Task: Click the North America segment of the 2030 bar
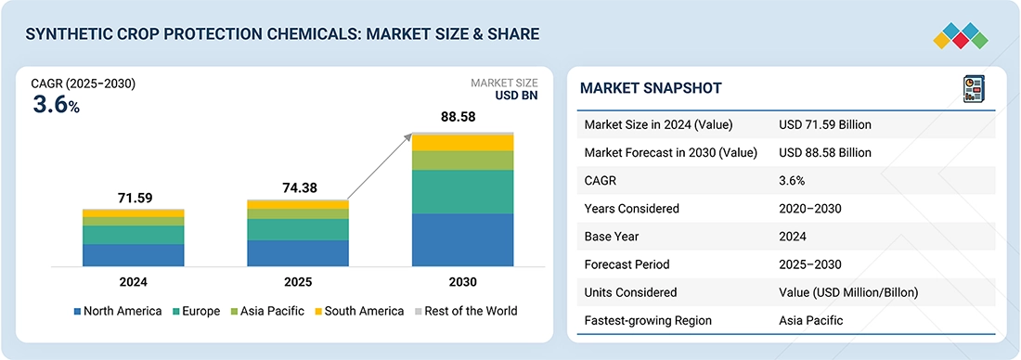click(462, 239)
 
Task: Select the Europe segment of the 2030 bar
click(462, 191)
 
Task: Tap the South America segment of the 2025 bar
click(298, 205)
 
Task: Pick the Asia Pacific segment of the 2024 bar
click(134, 222)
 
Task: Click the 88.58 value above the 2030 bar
click(459, 117)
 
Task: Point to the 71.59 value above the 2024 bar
click(135, 198)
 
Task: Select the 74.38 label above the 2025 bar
click(299, 188)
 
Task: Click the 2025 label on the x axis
click(298, 283)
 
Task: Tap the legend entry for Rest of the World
click(466, 311)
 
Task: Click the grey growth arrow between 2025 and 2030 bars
click(381, 167)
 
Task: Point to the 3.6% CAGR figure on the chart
click(56, 106)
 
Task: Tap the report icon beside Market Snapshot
click(974, 88)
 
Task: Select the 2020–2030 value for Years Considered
click(810, 209)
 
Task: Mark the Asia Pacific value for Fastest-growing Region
click(810, 320)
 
